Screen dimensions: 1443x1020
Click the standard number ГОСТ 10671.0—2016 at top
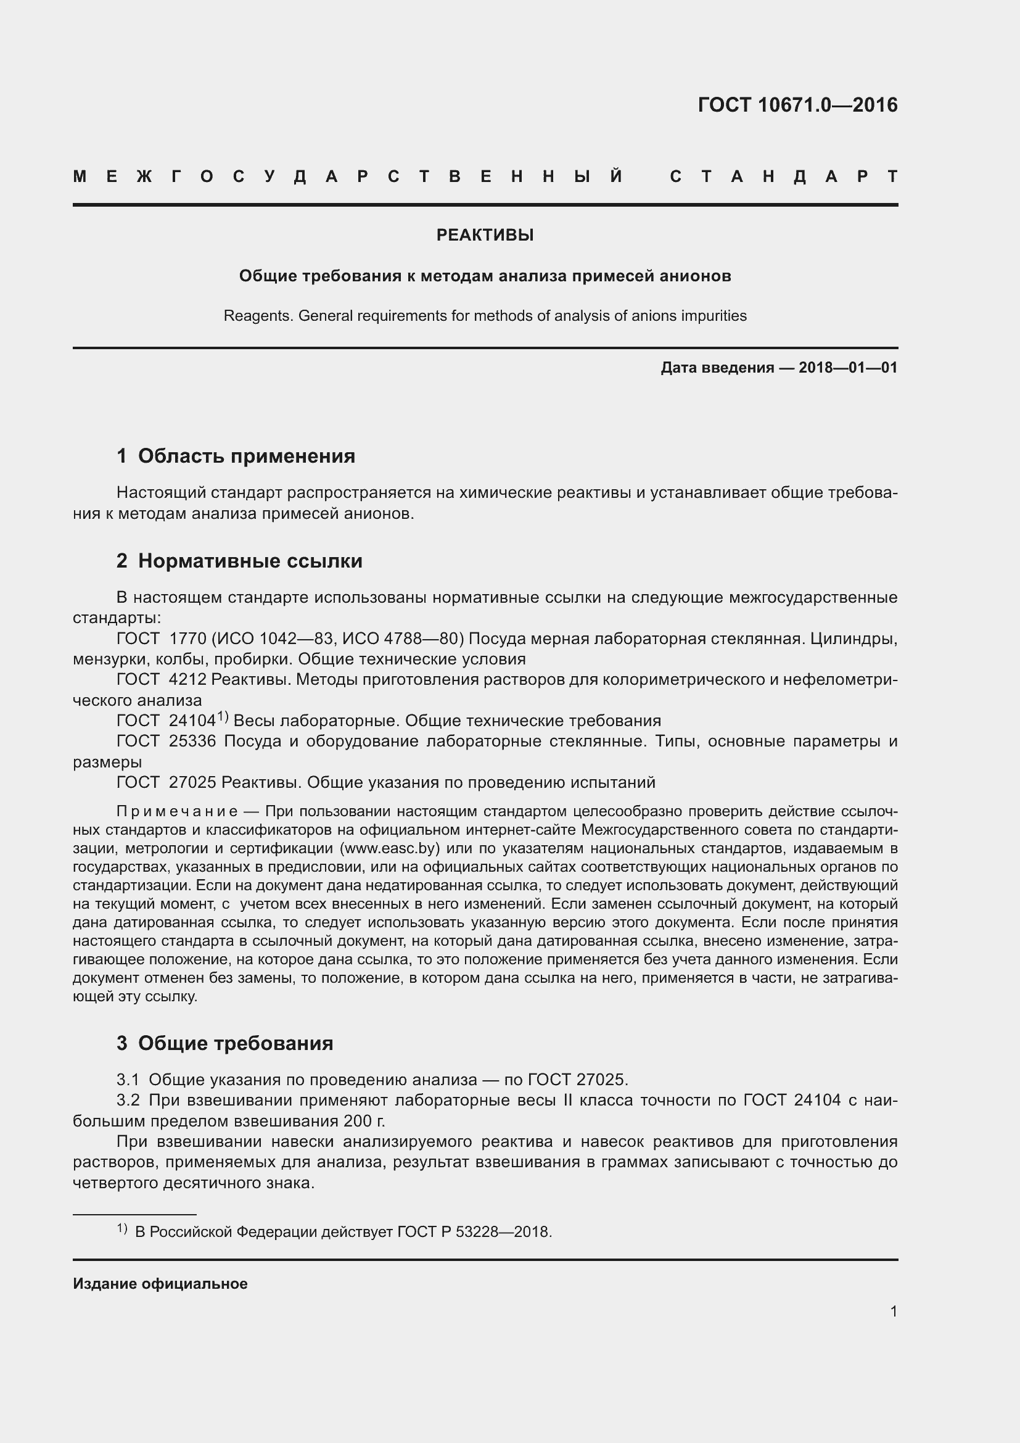coord(797,105)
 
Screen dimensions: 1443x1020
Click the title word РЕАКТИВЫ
coord(485,235)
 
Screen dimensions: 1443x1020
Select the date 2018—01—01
coord(848,368)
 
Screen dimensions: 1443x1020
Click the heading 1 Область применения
coord(236,456)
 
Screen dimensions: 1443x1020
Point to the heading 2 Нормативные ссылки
coord(239,561)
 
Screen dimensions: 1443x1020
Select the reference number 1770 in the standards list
coord(188,639)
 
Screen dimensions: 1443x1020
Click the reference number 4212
coord(188,679)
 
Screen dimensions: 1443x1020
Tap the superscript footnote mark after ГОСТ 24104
coord(223,716)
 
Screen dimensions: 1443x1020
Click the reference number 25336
coord(192,741)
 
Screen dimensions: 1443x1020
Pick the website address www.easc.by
coord(389,848)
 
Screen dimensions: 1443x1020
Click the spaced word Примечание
coord(177,811)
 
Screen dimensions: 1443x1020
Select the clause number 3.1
coord(128,1080)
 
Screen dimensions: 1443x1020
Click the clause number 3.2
coord(128,1101)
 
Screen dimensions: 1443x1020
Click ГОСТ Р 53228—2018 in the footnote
coord(474,1232)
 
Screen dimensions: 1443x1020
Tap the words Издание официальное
coord(160,1284)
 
